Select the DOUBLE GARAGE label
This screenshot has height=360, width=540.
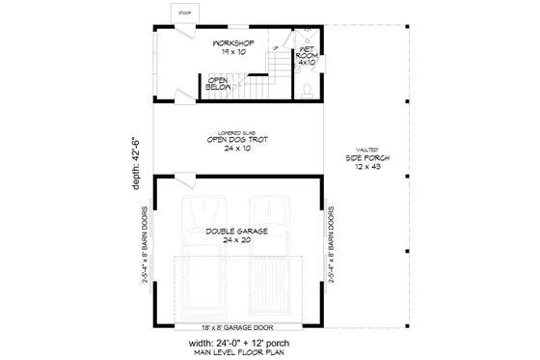tap(235, 233)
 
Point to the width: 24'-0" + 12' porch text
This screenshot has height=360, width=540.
tap(236, 342)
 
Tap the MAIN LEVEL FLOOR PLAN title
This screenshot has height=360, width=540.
tap(236, 352)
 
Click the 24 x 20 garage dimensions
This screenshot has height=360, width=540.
tap(235, 241)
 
